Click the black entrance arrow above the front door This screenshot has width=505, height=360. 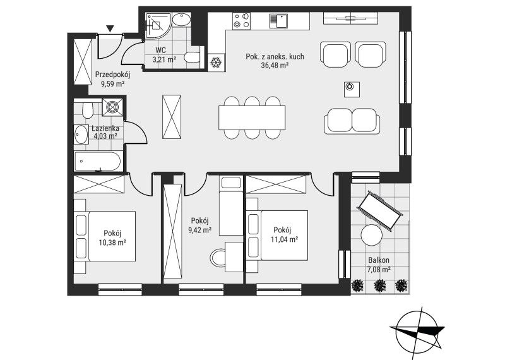tap(110, 29)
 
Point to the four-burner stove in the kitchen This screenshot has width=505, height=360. tap(242, 20)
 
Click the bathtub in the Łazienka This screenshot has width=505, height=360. tap(98, 162)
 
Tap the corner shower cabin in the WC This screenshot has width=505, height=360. tap(158, 25)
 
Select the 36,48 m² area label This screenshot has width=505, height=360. tap(275, 65)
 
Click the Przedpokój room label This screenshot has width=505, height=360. tap(112, 75)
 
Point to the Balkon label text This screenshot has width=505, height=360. tap(379, 260)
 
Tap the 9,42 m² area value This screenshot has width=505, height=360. tap(199, 230)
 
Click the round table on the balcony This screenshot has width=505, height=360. tap(372, 235)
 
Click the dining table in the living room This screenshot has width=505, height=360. tap(252, 117)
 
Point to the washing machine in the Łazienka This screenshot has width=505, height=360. tap(112, 107)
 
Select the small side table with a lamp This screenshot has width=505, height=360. tap(351, 89)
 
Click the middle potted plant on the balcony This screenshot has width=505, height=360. tap(380, 285)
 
